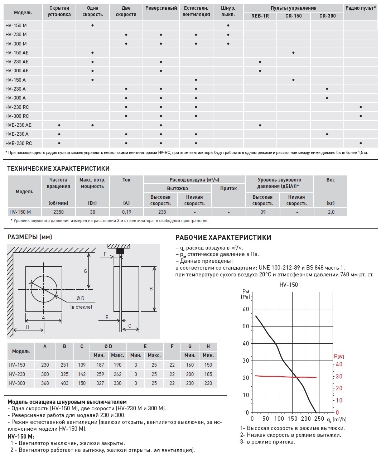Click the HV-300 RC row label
(x=17, y=116)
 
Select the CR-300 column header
(x=327, y=16)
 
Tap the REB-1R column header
(x=260, y=16)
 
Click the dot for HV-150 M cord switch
(x=228, y=25)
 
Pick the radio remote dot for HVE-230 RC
(x=361, y=143)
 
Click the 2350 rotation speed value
(x=58, y=212)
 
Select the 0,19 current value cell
(x=126, y=212)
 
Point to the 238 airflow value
(x=162, y=212)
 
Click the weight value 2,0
(x=331, y=212)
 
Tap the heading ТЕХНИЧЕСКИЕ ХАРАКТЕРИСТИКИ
(x=58, y=169)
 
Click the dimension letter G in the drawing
(x=85, y=271)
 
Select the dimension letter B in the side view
(x=151, y=289)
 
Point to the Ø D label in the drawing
(x=81, y=299)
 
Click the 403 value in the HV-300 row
(x=64, y=383)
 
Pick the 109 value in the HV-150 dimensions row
(x=82, y=365)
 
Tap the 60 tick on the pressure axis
(x=246, y=309)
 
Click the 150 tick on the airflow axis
(x=292, y=419)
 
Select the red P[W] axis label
(x=339, y=356)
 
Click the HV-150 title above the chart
(x=289, y=285)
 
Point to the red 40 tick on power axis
(x=338, y=364)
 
